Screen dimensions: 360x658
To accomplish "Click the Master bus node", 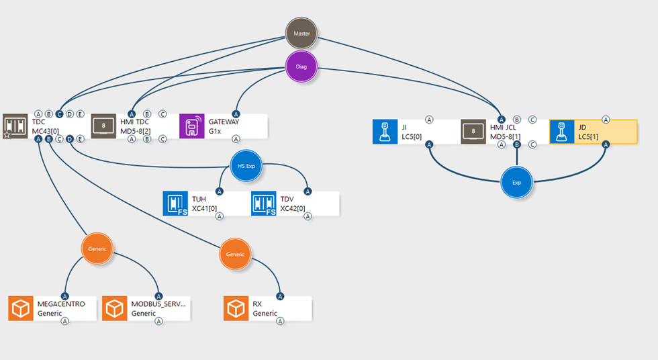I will click(301, 33).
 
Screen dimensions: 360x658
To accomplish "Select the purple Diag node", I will click(301, 66).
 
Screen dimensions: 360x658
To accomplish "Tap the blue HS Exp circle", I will click(246, 166).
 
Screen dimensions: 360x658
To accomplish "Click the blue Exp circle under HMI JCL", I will click(516, 182).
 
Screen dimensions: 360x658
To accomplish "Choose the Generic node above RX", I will click(236, 255).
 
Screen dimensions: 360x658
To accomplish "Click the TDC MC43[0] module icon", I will click(15, 126).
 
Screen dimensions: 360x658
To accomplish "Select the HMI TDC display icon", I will click(103, 126).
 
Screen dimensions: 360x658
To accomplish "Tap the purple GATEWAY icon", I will click(192, 126).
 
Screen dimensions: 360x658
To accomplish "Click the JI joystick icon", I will click(385, 132).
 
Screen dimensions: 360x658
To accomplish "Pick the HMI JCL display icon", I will click(474, 132).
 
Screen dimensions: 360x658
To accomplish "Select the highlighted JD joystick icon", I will click(562, 132).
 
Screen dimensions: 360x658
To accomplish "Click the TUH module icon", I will click(176, 204).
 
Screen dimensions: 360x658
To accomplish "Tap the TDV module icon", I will click(264, 204).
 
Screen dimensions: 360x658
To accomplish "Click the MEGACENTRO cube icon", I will click(21, 308).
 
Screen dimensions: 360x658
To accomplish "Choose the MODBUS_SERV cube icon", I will click(115, 308).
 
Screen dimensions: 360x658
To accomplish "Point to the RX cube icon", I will click(236, 308).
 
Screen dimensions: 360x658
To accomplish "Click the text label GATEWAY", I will click(224, 122).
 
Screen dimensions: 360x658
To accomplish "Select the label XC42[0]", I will click(293, 208).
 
